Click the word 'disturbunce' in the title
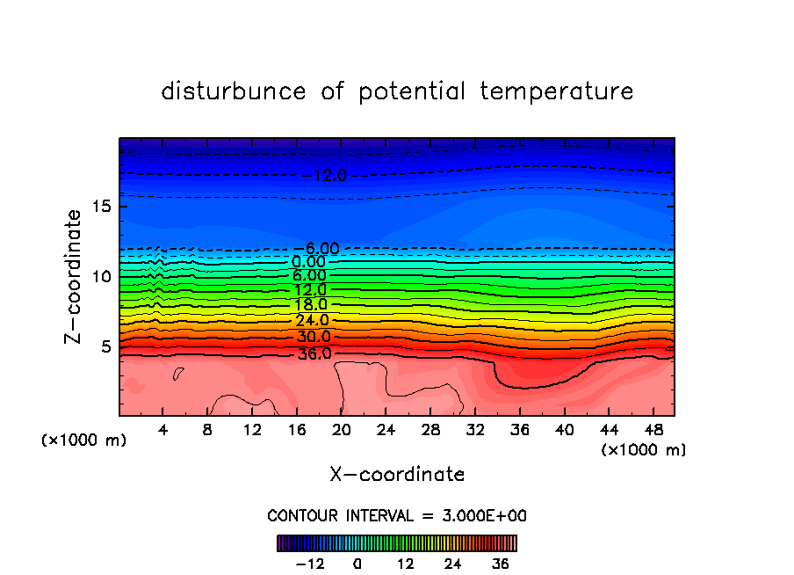click(234, 91)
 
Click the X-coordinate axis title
click(397, 475)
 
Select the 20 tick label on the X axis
click(341, 430)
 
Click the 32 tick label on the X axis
click(474, 430)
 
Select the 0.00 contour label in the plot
click(308, 262)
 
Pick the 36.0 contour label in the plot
click(314, 354)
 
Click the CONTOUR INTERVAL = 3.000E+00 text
click(397, 515)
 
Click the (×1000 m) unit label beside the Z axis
click(84, 440)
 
